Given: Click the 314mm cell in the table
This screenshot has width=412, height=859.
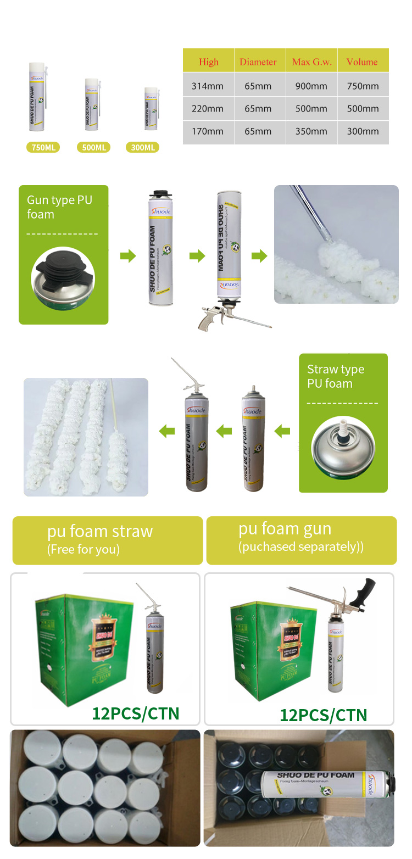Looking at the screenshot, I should tap(208, 86).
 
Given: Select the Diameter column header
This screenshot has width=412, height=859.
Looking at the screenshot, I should tap(258, 62).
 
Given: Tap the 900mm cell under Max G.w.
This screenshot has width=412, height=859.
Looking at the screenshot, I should tap(311, 86).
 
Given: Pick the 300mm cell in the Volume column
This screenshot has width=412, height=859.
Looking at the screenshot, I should tap(363, 131).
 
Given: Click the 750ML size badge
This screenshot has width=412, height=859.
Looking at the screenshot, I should tap(43, 147).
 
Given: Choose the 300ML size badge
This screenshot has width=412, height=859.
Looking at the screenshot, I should tap(143, 147).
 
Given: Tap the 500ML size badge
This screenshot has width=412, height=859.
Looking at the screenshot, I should tap(93, 147).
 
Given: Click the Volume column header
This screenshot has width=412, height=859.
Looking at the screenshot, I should tap(362, 62).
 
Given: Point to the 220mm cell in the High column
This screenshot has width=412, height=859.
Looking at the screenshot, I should tap(208, 109).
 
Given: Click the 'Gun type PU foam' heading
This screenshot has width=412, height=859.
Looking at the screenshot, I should tap(59, 207).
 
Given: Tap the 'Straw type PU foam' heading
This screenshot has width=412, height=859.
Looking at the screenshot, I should tap(335, 376).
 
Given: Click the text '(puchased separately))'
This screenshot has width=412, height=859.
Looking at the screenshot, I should tap(301, 547).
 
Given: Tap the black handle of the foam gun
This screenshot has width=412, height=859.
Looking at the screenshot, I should tap(365, 590).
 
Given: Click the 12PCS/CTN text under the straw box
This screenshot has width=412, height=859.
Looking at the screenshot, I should tap(136, 713).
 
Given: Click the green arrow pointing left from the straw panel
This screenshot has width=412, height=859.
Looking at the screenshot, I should tap(282, 431).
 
